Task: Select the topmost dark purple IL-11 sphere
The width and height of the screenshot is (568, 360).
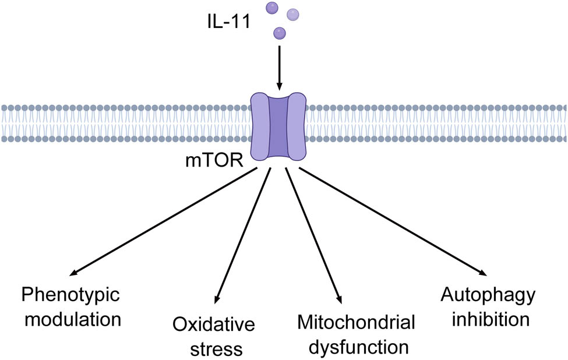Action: [x=271, y=8]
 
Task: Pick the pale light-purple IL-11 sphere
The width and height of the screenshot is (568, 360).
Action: [x=293, y=14]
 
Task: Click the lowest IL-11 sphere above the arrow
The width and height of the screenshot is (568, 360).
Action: [x=280, y=33]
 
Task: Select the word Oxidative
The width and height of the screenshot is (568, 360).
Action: [x=213, y=326]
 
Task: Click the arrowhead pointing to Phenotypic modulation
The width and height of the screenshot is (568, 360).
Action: [x=73, y=273]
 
